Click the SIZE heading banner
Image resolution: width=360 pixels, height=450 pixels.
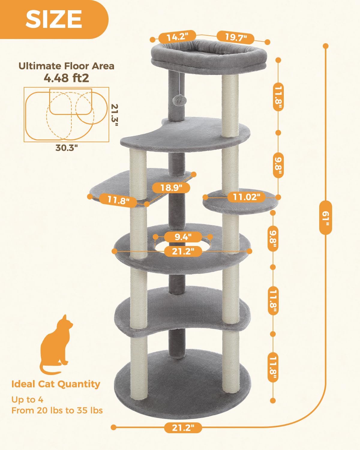(x=54, y=19)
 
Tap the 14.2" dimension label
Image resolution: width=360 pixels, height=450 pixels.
(x=177, y=37)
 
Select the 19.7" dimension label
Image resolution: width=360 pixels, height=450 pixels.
(x=236, y=37)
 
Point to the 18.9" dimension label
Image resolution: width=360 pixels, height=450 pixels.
(x=171, y=188)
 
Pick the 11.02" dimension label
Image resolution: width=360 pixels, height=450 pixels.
(x=246, y=197)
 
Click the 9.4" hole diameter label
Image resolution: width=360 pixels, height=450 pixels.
(x=183, y=237)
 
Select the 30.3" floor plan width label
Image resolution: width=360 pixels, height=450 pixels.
(x=67, y=148)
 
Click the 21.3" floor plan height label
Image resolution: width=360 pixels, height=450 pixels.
(x=115, y=115)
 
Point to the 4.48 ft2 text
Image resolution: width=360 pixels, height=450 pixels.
(x=66, y=78)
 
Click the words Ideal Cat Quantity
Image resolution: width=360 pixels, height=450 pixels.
(x=56, y=384)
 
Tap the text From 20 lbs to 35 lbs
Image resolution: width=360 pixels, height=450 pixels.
(x=57, y=410)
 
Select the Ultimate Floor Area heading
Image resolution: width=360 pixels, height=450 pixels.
(x=66, y=66)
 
